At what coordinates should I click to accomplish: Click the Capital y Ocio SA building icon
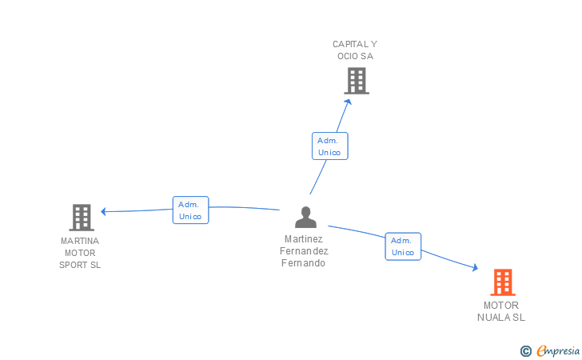tap(357, 81)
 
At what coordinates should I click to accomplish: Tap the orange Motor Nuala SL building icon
tap(502, 282)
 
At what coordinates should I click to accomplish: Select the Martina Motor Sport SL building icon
tap(81, 217)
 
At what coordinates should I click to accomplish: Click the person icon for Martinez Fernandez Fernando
tap(305, 217)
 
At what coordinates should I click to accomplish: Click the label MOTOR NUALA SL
tap(501, 311)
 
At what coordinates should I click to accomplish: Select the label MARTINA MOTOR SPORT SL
tap(80, 253)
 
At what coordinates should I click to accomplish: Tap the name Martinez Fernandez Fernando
tap(304, 251)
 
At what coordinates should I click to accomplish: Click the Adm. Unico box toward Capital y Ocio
tap(329, 146)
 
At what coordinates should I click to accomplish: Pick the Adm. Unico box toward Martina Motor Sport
tap(190, 210)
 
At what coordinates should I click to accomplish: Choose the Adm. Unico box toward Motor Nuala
tap(403, 246)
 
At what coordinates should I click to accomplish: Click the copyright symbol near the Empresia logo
tap(526, 350)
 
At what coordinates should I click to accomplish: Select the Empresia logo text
tap(558, 350)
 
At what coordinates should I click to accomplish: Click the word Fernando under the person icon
tap(304, 263)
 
